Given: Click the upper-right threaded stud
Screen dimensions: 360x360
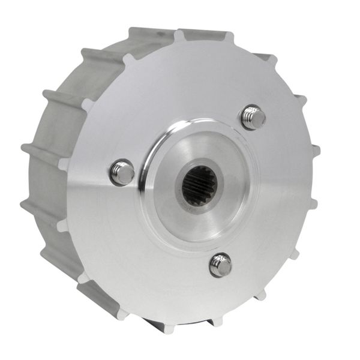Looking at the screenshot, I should coord(253,117).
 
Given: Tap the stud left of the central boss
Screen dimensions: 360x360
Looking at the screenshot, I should coord(122,172).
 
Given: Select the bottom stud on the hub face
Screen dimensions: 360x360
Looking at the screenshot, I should coord(220,265).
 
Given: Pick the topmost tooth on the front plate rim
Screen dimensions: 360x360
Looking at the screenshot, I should coord(179,35).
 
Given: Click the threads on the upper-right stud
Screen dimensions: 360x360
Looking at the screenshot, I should coord(259,121).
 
